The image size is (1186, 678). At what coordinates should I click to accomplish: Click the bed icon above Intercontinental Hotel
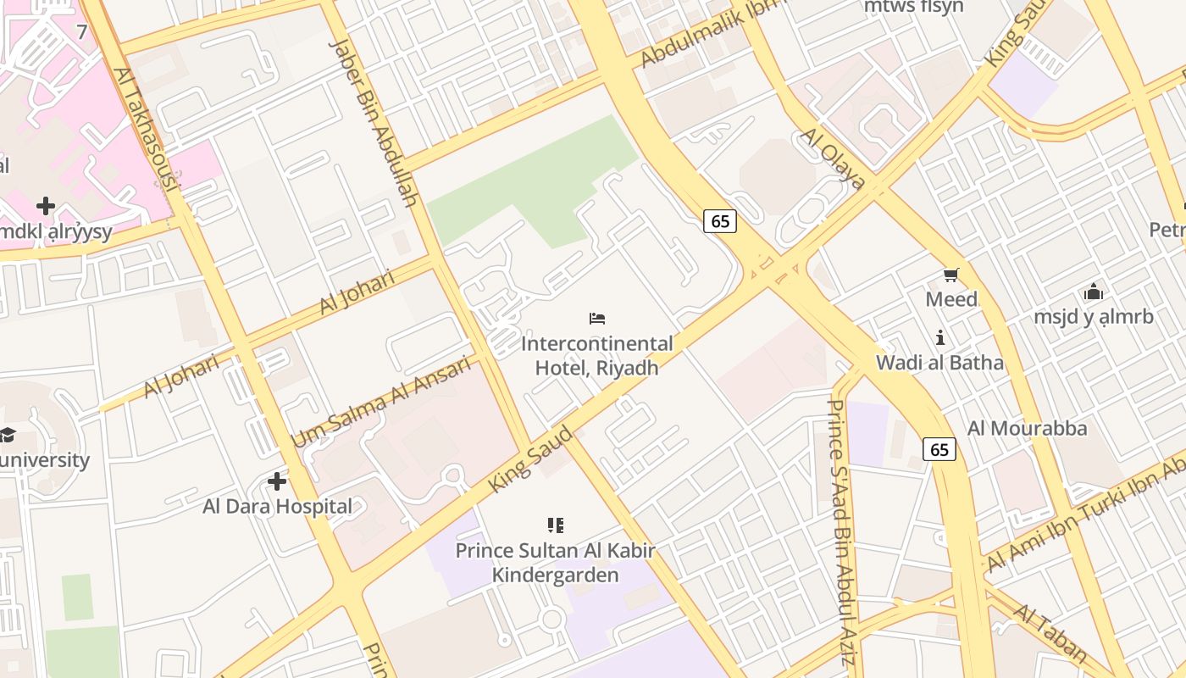click(x=597, y=319)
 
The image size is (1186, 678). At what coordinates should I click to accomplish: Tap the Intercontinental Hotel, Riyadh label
click(x=597, y=355)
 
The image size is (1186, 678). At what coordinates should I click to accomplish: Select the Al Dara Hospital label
click(x=277, y=507)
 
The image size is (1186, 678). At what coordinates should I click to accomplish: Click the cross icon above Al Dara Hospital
click(x=277, y=481)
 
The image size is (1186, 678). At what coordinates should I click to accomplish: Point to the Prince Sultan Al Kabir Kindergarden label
click(x=556, y=563)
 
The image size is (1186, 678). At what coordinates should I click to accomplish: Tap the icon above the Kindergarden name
click(x=556, y=525)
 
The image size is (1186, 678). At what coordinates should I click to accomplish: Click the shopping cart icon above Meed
click(x=950, y=275)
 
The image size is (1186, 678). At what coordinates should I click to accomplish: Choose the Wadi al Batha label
click(x=939, y=364)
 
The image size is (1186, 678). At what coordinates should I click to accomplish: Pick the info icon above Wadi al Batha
click(x=939, y=338)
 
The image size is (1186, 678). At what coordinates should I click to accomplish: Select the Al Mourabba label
click(x=1027, y=428)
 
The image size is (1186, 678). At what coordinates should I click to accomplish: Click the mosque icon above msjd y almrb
click(x=1093, y=292)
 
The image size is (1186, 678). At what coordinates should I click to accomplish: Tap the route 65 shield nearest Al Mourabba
click(x=939, y=450)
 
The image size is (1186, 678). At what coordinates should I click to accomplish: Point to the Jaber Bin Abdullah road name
click(x=374, y=122)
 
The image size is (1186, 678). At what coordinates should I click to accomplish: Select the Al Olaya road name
click(x=833, y=159)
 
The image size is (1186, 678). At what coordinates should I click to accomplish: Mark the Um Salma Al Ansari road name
click(x=380, y=402)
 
